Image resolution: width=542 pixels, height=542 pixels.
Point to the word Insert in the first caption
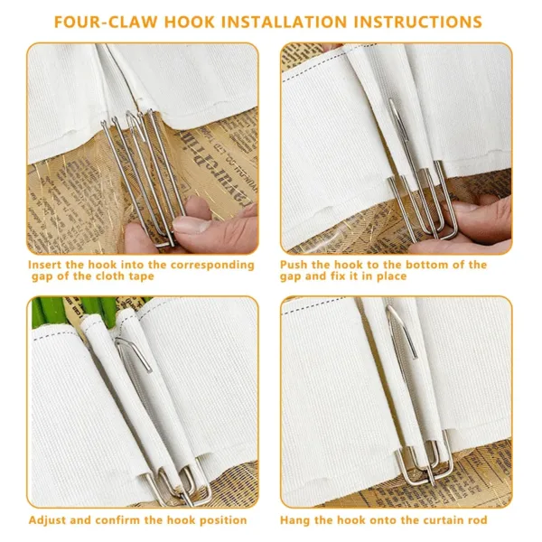click(x=48, y=265)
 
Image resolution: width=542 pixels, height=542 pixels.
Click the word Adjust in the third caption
click(x=50, y=519)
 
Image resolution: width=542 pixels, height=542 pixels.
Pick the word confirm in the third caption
click(x=123, y=519)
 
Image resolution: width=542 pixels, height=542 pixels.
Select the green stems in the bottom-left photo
click(x=68, y=312)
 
